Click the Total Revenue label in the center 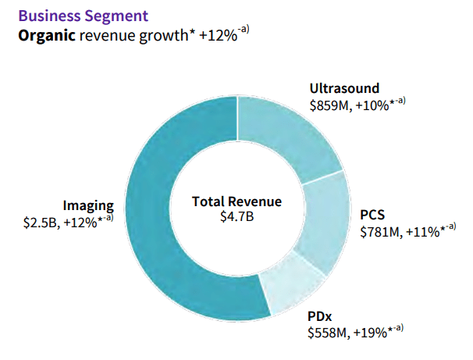[x=236, y=201]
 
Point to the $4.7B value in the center [x=236, y=216]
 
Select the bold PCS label [x=372, y=215]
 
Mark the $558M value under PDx [x=325, y=333]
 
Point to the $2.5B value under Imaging [x=41, y=222]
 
